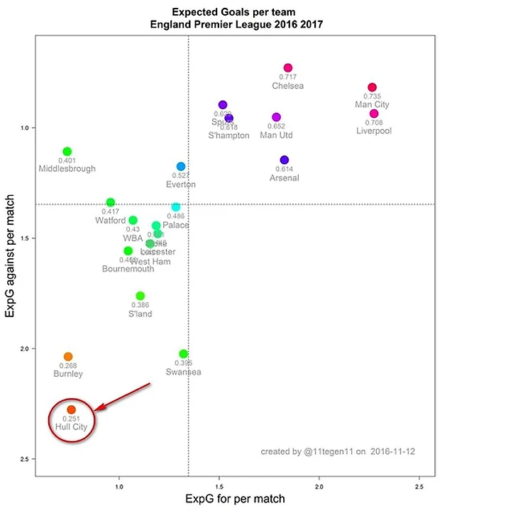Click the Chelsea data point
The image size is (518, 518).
pyautogui.click(x=287, y=67)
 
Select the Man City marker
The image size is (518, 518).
pyautogui.click(x=372, y=87)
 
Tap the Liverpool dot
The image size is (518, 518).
pyautogui.click(x=374, y=114)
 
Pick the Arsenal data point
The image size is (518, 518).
pyautogui.click(x=285, y=160)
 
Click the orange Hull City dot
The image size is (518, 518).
pyautogui.click(x=71, y=410)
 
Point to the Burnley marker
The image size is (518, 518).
pyautogui.click(x=68, y=357)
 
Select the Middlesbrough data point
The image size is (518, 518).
pyautogui.click(x=67, y=151)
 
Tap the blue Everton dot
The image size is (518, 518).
pyautogui.click(x=181, y=166)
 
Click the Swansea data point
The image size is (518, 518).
pyautogui.click(x=184, y=353)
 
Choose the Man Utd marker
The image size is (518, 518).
pyautogui.click(x=277, y=117)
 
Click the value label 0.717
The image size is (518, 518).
pyautogui.click(x=287, y=77)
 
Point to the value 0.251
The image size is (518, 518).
pyautogui.click(x=71, y=419)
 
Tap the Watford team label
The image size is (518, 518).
pyautogui.click(x=110, y=221)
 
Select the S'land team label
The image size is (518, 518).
pyautogui.click(x=140, y=314)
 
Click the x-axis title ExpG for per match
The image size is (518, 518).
pyautogui.click(x=235, y=499)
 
